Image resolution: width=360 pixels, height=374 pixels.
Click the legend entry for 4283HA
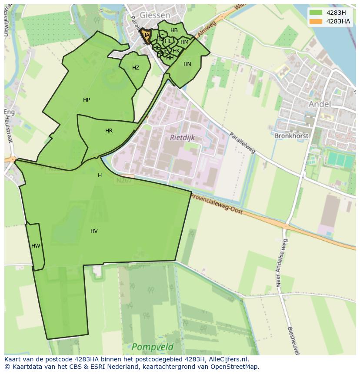338,21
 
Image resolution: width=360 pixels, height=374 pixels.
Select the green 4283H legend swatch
316,13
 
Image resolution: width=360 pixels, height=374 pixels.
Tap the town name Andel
320,104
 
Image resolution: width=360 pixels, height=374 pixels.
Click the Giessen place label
154,14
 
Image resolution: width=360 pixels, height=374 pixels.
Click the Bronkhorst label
291,136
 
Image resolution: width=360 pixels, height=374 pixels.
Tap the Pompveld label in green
152,347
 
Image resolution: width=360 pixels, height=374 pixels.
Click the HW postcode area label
36,246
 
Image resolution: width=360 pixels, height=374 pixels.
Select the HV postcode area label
94,231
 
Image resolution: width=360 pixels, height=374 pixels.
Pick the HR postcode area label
109,131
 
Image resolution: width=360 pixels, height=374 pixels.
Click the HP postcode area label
87,100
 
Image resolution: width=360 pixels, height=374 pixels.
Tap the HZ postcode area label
136,68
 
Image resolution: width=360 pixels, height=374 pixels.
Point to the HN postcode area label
187,64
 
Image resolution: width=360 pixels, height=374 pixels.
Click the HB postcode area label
174,30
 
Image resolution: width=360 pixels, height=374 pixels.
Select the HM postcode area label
184,42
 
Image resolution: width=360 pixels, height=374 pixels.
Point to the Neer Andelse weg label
281,263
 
